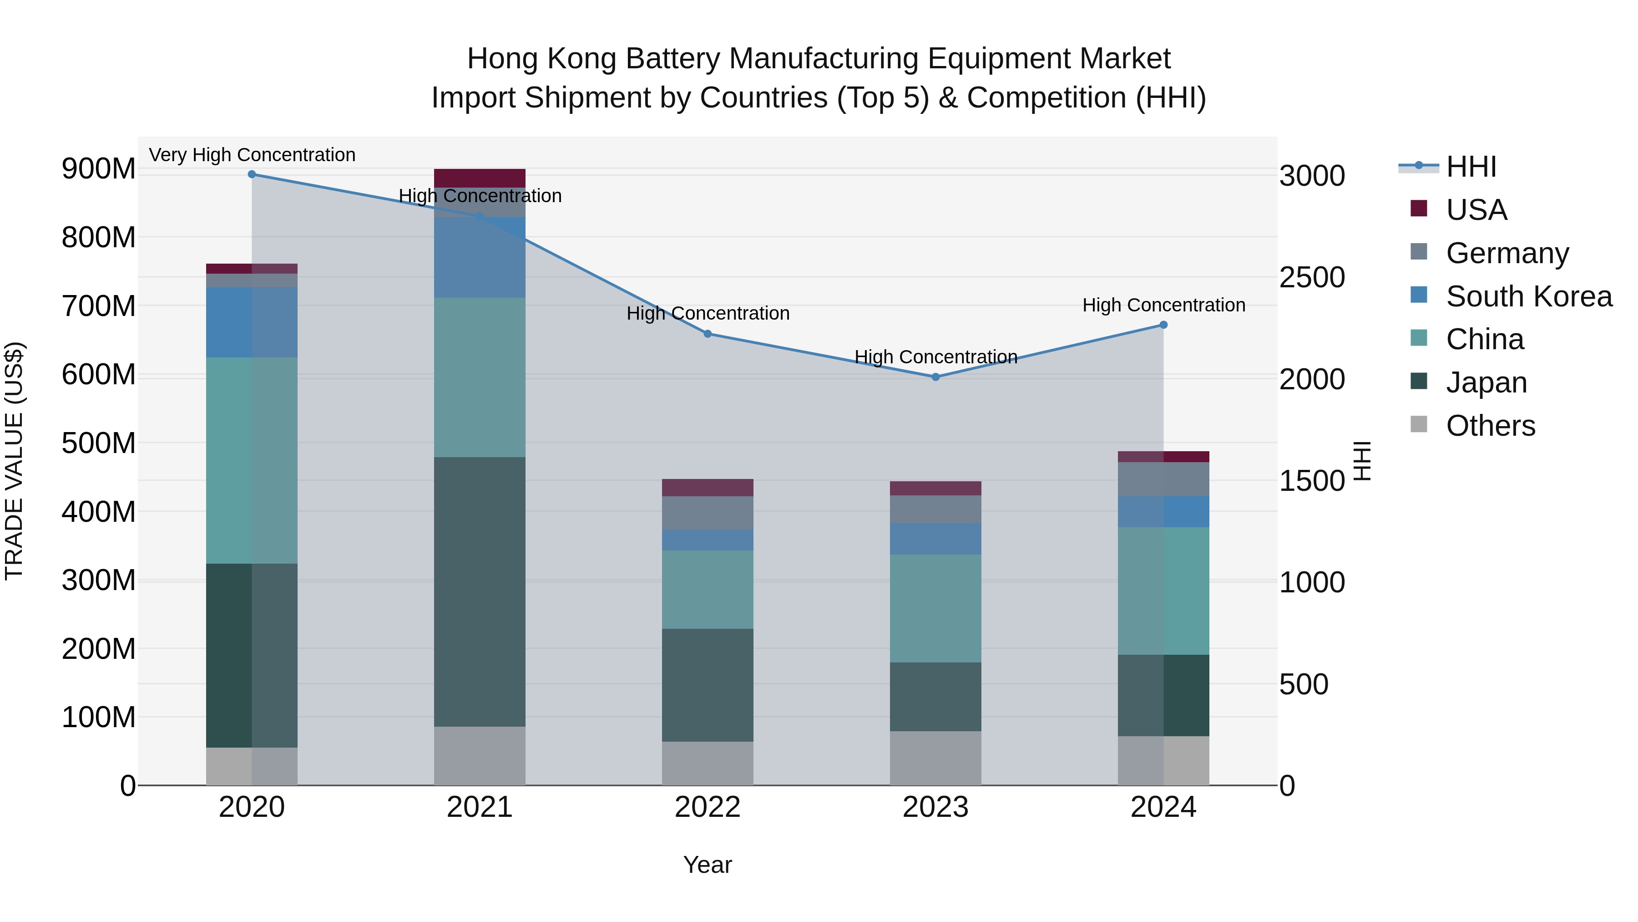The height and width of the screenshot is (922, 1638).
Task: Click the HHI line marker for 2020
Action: pyautogui.click(x=252, y=174)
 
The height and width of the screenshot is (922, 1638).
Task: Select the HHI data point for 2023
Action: pyautogui.click(x=935, y=377)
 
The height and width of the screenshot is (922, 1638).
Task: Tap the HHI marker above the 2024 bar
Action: pyautogui.click(x=1163, y=325)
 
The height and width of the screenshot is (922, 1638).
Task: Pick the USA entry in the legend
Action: pyautogui.click(x=1476, y=209)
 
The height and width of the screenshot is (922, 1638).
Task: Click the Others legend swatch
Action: pyautogui.click(x=1419, y=424)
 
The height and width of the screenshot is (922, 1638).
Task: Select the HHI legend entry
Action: pyautogui.click(x=1471, y=167)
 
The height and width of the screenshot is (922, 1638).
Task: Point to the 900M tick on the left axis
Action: pyautogui.click(x=99, y=169)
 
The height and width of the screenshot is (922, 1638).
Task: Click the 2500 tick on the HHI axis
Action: pyautogui.click(x=1311, y=277)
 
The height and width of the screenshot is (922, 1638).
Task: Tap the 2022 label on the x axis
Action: pyautogui.click(x=707, y=807)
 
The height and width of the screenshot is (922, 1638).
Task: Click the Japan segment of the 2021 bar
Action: pyautogui.click(x=480, y=592)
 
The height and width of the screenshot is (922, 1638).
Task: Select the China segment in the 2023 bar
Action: pyautogui.click(x=935, y=608)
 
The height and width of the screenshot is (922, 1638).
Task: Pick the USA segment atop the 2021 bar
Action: pyautogui.click(x=480, y=178)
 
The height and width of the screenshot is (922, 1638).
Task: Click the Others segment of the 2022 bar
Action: pyautogui.click(x=707, y=763)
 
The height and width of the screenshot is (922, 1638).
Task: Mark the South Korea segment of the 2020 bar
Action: pyautogui.click(x=252, y=322)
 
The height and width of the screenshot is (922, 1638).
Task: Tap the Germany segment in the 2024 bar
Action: pyautogui.click(x=1163, y=479)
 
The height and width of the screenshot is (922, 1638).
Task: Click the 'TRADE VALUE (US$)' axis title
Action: pyautogui.click(x=15, y=461)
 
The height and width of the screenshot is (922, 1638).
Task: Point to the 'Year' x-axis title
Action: pyautogui.click(x=707, y=865)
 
